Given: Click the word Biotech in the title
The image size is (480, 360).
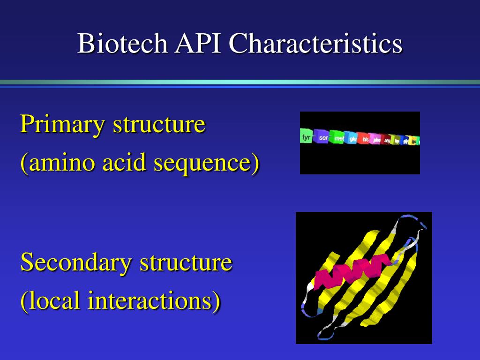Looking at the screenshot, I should (x=122, y=44).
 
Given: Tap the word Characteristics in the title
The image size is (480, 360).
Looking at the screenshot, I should (x=315, y=44).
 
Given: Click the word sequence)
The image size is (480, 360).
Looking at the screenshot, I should (x=207, y=164).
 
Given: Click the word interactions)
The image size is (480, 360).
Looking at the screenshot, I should (x=154, y=300).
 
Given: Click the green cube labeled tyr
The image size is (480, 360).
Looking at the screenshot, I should (x=307, y=137).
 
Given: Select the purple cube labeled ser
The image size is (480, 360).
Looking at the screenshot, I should (x=322, y=138).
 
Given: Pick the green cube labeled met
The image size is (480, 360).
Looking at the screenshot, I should (x=338, y=138).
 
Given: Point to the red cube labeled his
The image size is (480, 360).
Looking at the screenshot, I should (x=365, y=139).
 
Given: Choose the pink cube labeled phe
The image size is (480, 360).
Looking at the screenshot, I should (x=376, y=140).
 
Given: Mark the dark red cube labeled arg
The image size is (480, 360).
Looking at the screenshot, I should (x=387, y=140).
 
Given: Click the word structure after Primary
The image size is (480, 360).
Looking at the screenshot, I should (x=159, y=125).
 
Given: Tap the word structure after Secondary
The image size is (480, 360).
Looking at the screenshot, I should (x=186, y=262).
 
